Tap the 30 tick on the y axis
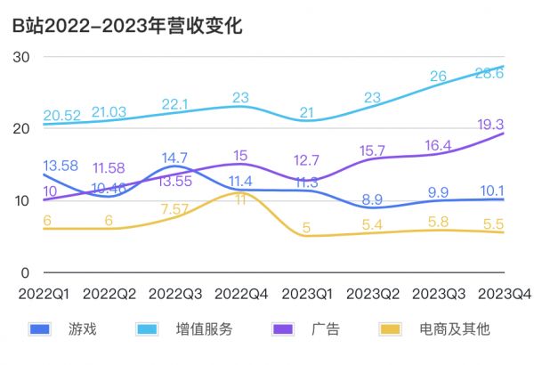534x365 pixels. click(22, 56)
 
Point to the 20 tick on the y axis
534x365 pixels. click(22, 128)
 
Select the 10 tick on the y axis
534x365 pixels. click(22, 200)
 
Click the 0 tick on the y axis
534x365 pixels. click(26, 272)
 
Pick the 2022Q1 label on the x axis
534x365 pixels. click(42, 293)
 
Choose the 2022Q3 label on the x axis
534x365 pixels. click(174, 293)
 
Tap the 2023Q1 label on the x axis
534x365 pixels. click(306, 293)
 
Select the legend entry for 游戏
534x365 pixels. click(82, 329)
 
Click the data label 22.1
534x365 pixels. click(174, 104)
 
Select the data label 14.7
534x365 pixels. click(174, 158)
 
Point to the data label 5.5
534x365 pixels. click(505, 227)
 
